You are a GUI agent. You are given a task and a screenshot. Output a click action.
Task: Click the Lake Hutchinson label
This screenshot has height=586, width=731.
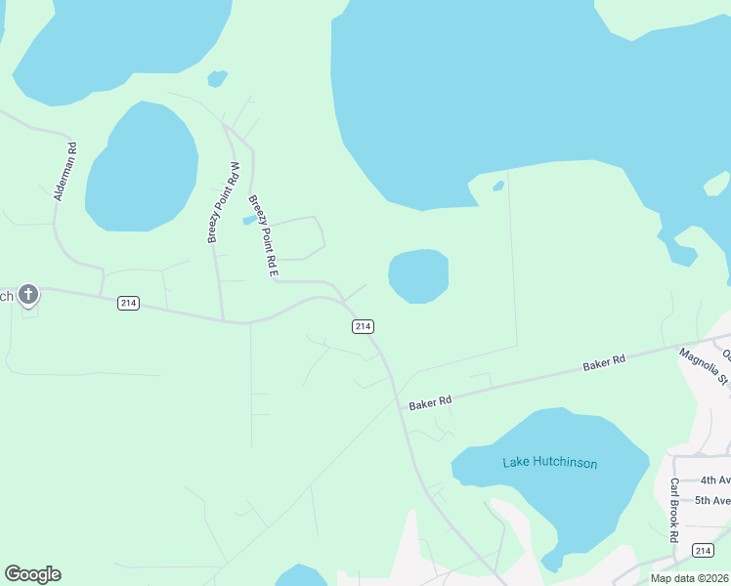(549, 463)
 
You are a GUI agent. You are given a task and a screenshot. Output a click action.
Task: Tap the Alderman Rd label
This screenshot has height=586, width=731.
(65, 172)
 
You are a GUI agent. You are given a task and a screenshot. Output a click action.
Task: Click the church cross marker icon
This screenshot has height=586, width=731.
(29, 294)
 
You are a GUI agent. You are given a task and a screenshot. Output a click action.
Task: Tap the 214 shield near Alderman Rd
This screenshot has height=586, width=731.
(128, 303)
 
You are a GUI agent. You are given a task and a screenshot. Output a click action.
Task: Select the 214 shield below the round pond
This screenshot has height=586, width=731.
(363, 326)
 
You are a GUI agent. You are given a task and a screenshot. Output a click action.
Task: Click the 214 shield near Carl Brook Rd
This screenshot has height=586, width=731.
(702, 551)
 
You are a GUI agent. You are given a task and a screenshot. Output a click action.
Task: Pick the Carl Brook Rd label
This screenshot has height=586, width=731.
(673, 510)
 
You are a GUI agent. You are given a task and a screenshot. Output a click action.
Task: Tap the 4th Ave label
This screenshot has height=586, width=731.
(714, 481)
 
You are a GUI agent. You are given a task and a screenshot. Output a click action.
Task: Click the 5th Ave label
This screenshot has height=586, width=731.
(714, 501)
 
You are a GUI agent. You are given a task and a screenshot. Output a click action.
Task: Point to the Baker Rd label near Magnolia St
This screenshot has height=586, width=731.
(604, 363)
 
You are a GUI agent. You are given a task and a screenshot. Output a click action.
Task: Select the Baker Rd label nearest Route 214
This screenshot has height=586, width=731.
(431, 400)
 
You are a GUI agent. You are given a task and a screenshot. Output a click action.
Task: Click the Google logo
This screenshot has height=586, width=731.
(32, 574)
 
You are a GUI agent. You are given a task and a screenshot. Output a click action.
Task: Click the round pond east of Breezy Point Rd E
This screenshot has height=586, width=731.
(418, 275)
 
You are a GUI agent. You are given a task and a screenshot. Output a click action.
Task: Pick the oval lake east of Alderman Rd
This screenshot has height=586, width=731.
(143, 166)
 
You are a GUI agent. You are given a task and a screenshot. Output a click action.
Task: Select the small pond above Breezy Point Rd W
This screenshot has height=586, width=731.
(217, 77)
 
